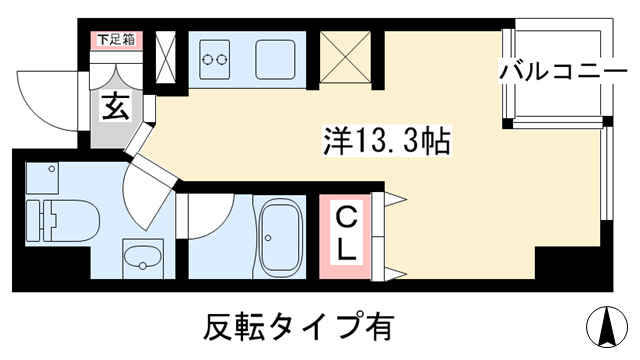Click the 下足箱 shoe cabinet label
click(x=116, y=40)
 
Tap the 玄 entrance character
click(x=116, y=106)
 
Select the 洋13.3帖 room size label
click(x=387, y=140)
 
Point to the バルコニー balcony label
click(x=563, y=72)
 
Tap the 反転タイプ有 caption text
click(x=299, y=327)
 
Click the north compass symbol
click(x=607, y=326)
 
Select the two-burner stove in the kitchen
click(x=215, y=60)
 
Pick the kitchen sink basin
click(x=275, y=60)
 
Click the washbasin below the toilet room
click(x=143, y=258)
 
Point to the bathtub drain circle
click(x=268, y=238)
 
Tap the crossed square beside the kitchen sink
click(x=345, y=56)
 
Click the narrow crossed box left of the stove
click(x=166, y=57)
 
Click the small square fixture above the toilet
click(x=42, y=178)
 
